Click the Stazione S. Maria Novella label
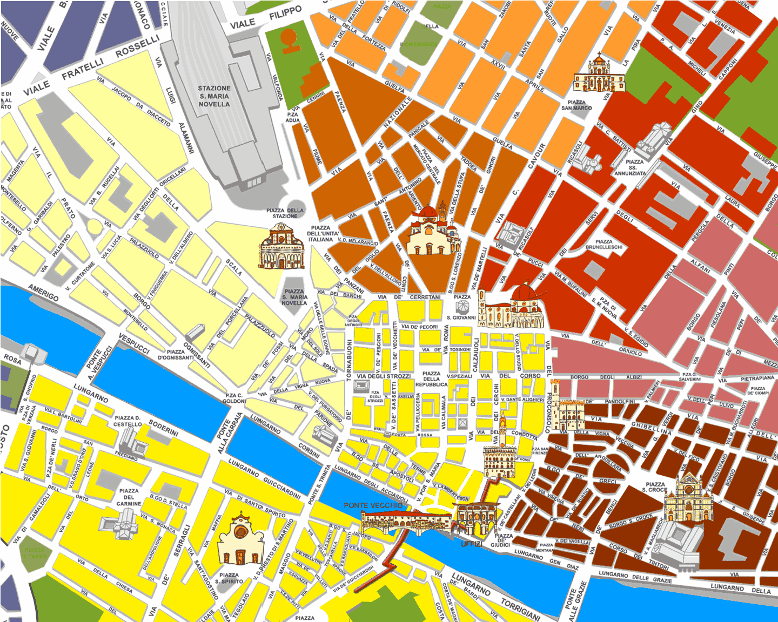click(214, 96)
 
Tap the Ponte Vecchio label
click(373, 505)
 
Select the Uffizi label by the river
click(471, 544)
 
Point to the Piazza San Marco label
click(576, 105)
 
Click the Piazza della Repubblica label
click(431, 378)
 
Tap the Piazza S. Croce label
click(655, 487)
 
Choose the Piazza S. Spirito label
click(229, 578)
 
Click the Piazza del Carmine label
click(129, 497)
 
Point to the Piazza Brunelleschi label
click(604, 244)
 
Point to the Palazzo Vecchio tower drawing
click(502, 427)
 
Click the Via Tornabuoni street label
click(349, 360)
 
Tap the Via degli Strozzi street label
click(384, 376)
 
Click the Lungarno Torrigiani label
click(520, 609)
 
